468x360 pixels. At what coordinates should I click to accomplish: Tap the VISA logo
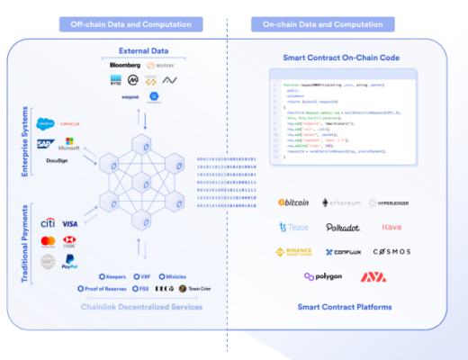70,222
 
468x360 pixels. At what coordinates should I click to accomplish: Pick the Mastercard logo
48,241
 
